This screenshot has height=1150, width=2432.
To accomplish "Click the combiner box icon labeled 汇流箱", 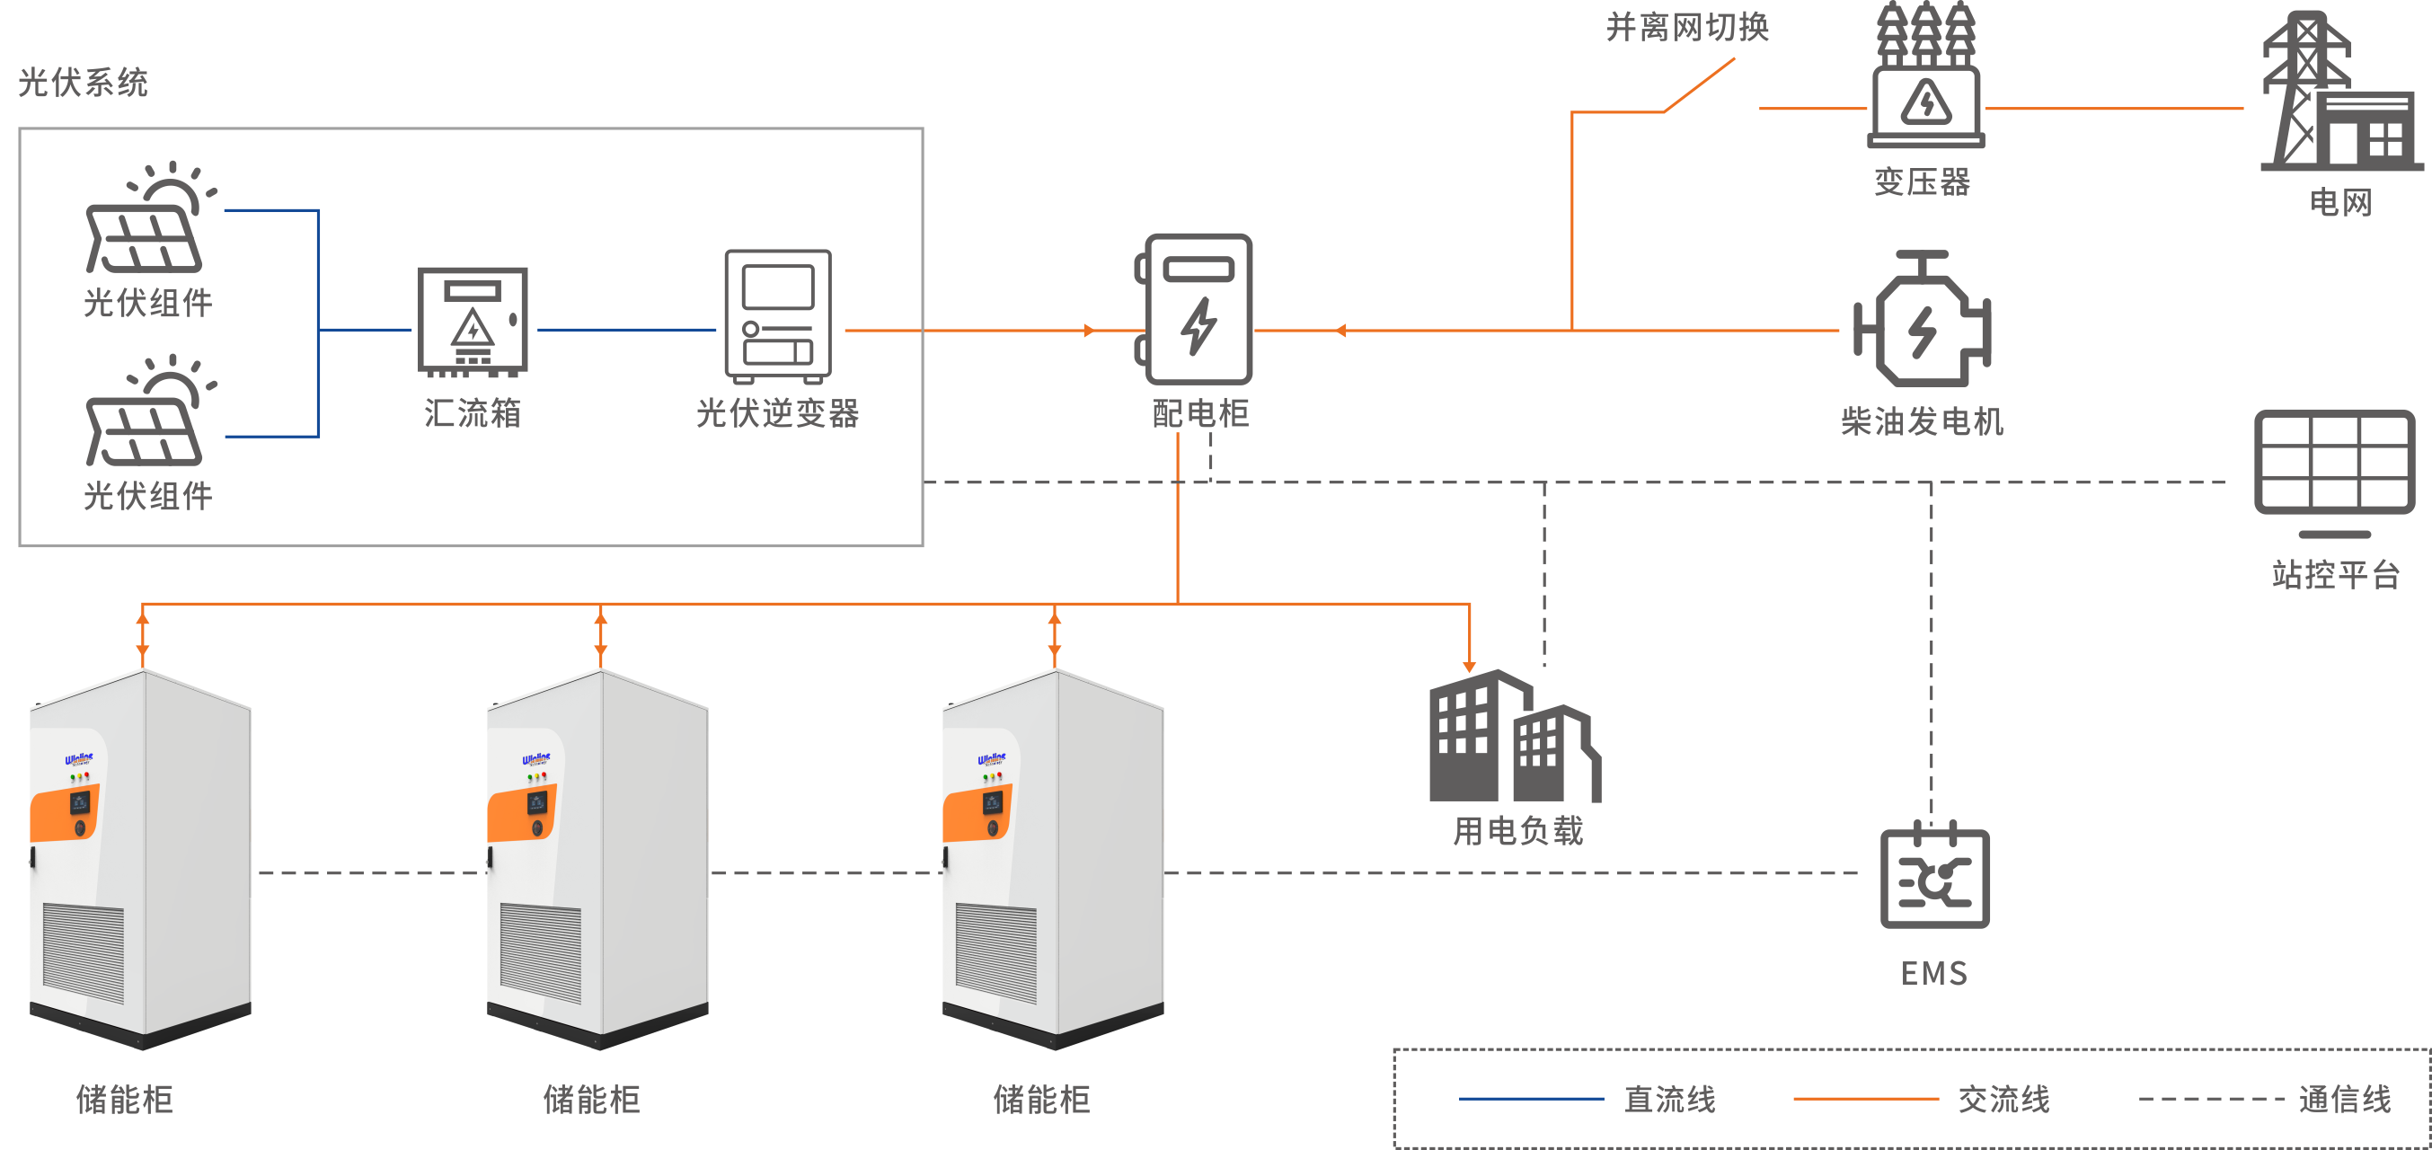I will click(473, 321).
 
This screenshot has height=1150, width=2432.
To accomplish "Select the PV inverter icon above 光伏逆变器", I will click(778, 315).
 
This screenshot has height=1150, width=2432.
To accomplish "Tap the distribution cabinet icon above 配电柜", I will click(1197, 309).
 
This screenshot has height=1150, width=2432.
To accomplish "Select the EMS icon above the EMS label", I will click(1934, 876).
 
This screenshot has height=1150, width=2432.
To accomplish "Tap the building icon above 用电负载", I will click(1514, 738).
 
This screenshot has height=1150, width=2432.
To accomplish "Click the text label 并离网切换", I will click(1687, 27).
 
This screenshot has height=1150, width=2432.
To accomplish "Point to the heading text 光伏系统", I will click(83, 83).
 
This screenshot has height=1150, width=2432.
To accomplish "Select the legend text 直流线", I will click(1669, 1099).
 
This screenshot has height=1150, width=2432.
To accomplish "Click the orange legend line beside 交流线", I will click(1864, 1099).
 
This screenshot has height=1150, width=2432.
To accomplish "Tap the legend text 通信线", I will click(2344, 1099).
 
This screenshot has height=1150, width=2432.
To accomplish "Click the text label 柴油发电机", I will click(1921, 421).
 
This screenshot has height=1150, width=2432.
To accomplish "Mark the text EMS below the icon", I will click(1933, 973).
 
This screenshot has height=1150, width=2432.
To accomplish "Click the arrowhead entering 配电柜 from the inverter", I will click(1089, 331).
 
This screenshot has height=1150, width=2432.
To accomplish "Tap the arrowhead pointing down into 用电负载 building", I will click(1469, 667).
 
